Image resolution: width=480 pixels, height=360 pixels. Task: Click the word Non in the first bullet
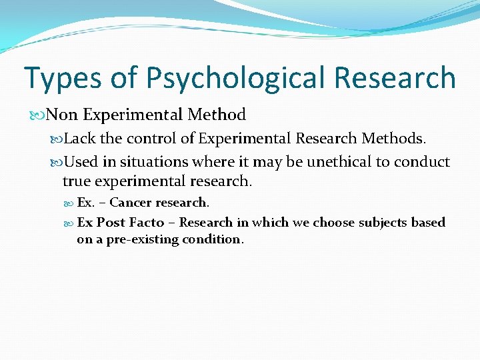[x=62, y=115]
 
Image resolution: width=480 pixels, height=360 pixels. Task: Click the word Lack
[x=80, y=139]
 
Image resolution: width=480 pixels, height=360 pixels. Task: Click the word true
[x=75, y=181]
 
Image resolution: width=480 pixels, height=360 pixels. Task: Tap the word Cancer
[x=131, y=203]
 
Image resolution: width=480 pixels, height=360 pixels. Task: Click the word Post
[x=111, y=223]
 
